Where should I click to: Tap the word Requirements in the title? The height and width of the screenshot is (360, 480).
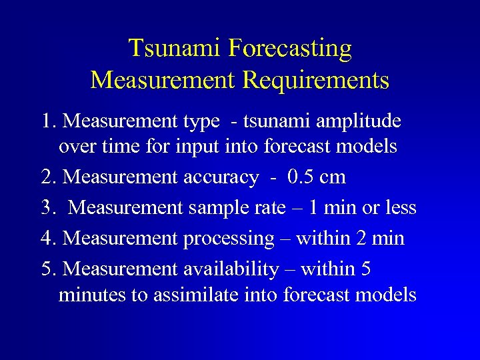[x=316, y=80]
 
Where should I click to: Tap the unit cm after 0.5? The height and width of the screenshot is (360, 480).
[x=333, y=178]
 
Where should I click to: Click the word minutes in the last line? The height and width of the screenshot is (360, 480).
[x=93, y=295]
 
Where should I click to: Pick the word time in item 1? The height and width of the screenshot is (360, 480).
[x=117, y=147]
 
